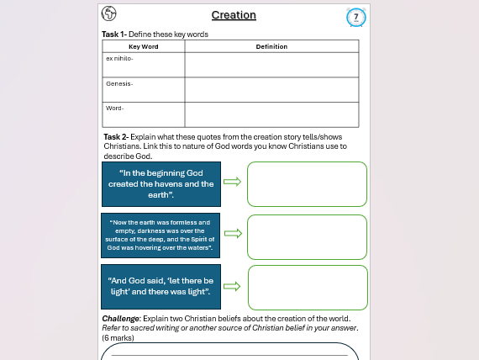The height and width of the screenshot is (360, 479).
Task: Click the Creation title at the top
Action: (234, 15)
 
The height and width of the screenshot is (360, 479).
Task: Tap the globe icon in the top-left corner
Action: (109, 13)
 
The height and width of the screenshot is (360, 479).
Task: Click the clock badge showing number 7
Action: (356, 17)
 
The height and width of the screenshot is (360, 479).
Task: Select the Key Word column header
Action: (144, 46)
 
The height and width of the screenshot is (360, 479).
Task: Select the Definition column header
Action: (271, 46)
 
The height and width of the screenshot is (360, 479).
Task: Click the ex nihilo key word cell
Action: (144, 64)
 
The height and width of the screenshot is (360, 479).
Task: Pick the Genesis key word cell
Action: (144, 89)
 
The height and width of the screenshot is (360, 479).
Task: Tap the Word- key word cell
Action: (144, 114)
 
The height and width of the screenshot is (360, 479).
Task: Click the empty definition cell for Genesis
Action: (271, 89)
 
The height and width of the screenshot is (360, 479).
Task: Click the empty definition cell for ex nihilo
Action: (271, 64)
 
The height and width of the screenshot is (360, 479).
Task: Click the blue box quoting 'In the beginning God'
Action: (161, 183)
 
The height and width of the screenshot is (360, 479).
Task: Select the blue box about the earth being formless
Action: (161, 236)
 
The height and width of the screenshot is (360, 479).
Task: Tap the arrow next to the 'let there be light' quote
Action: (233, 286)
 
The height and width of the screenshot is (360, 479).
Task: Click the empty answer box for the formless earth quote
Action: (308, 236)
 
